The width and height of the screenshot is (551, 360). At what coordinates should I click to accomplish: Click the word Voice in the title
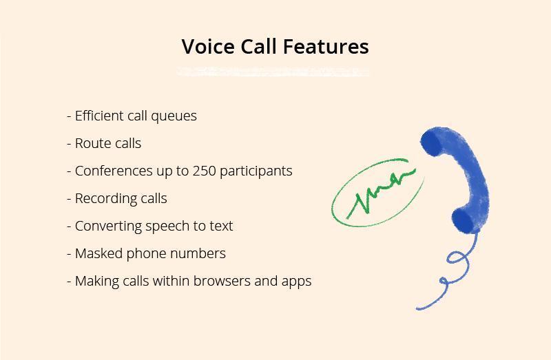[208, 46]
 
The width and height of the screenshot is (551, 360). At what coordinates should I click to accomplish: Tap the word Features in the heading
[326, 46]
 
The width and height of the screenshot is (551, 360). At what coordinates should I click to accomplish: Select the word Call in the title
[259, 46]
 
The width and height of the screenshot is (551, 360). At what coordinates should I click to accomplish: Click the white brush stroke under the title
[273, 72]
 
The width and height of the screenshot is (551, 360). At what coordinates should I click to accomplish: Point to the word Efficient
[99, 116]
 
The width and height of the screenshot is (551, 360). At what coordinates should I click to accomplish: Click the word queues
[174, 117]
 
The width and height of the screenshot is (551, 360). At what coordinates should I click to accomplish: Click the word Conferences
[114, 171]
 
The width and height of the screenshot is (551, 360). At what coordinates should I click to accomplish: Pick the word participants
[256, 172]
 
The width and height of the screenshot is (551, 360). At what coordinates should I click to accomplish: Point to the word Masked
[98, 253]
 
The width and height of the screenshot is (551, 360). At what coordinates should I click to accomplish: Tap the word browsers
[222, 281]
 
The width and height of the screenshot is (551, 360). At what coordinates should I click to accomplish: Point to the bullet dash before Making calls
[69, 282]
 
